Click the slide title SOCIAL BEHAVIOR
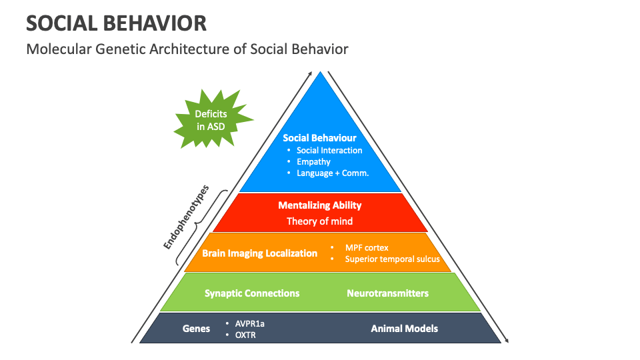[x=116, y=23]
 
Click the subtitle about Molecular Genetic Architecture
[x=187, y=49]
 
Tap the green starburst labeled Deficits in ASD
[x=211, y=120]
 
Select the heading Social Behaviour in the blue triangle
[x=319, y=138]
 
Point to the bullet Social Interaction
[x=329, y=151]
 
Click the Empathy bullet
[x=313, y=162]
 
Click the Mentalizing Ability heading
[x=320, y=205]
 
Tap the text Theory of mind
[x=320, y=221]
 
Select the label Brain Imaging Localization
[x=260, y=253]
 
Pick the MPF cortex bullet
[x=366, y=247]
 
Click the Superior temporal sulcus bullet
[x=392, y=259]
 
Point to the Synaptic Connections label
[x=252, y=293]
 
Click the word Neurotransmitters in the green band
[x=387, y=293]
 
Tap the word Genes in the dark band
[x=196, y=329]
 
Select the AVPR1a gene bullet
[x=249, y=323]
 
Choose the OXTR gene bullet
[x=245, y=335]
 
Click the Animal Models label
[x=404, y=329]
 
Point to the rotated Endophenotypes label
[x=187, y=217]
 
